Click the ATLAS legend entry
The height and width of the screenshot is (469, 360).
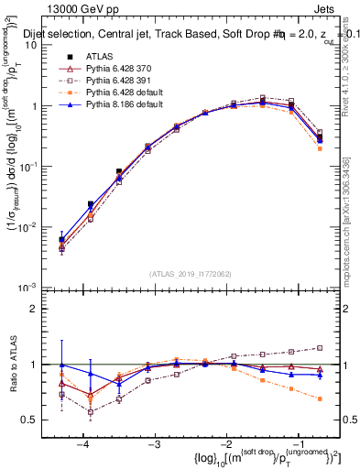tap(100, 58)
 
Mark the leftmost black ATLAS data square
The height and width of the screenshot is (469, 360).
tap(61, 240)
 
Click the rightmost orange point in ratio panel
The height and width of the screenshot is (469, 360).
tap(320, 398)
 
